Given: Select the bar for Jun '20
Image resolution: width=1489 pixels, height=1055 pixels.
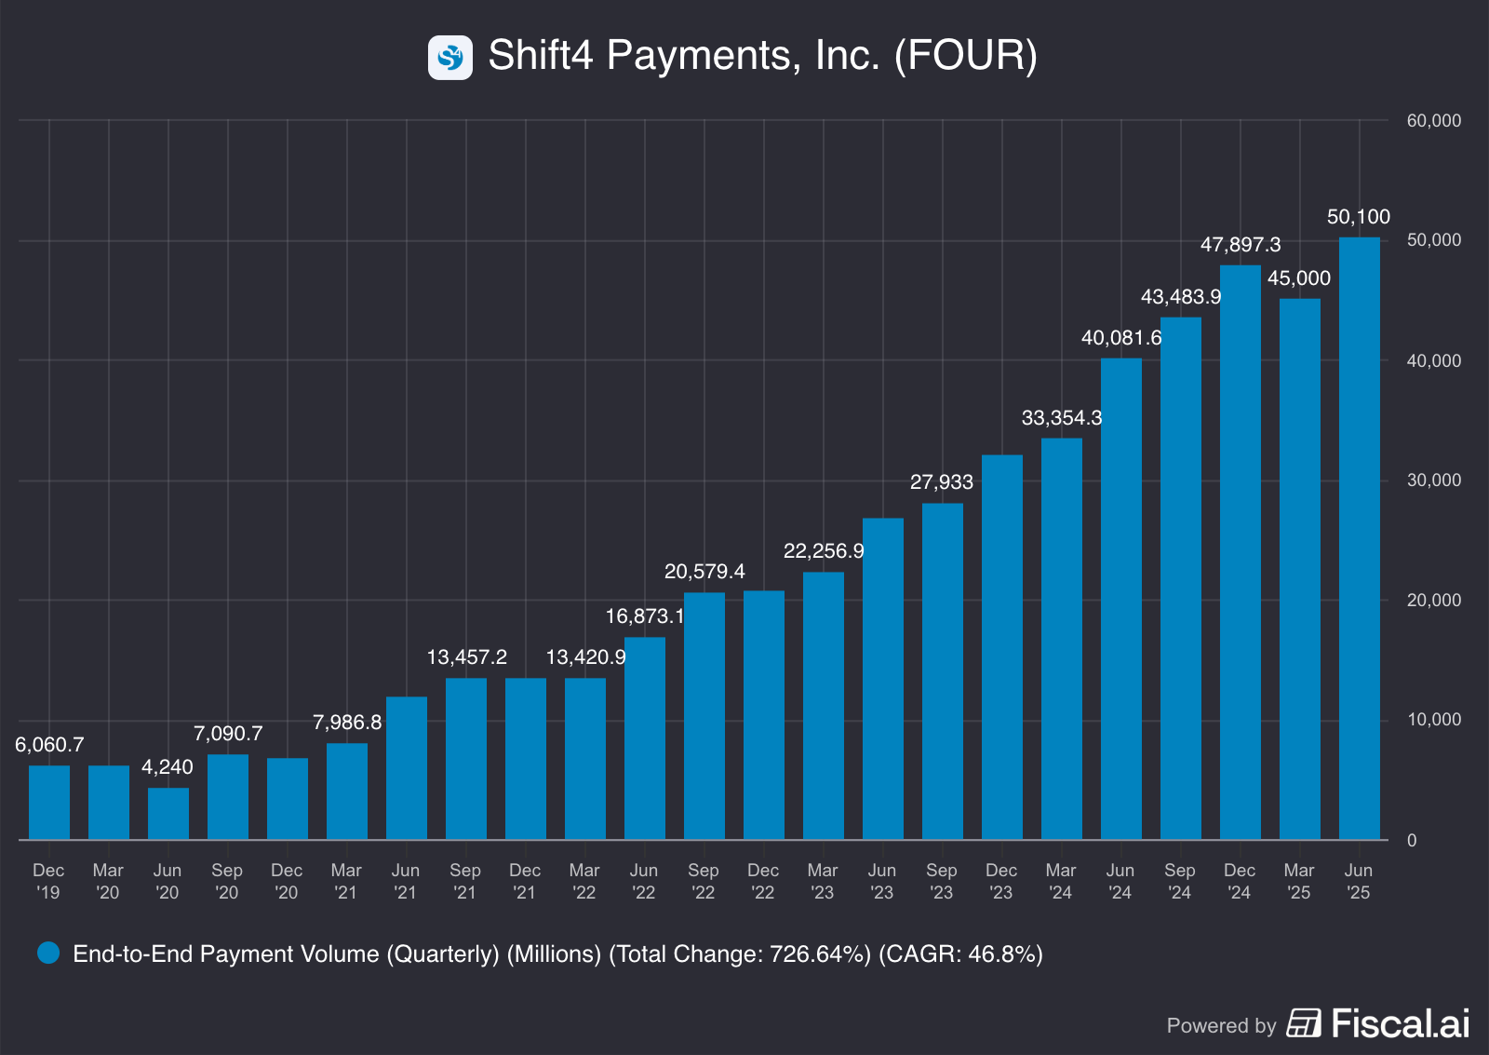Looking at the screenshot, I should [x=168, y=814].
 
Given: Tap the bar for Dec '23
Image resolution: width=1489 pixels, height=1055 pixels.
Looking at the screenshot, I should [x=1001, y=647].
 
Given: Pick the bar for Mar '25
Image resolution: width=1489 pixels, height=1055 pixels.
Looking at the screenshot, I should [x=1299, y=569].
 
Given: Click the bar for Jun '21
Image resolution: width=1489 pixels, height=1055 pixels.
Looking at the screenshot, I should [x=407, y=768].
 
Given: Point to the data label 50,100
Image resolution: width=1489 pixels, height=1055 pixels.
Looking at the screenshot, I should [x=1358, y=217].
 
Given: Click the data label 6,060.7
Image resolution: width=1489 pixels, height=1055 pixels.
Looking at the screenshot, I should [x=49, y=745].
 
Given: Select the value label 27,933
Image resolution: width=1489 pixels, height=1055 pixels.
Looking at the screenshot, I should [x=941, y=482].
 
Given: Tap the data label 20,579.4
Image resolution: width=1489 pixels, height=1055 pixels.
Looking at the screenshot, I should [x=704, y=572].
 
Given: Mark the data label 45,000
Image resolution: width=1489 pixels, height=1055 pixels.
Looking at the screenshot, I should [x=1299, y=278].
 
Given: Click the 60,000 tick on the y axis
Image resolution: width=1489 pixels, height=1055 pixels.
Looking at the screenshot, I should [x=1433, y=121].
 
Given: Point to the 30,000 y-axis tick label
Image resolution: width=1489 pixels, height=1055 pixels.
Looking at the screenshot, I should [x=1433, y=480].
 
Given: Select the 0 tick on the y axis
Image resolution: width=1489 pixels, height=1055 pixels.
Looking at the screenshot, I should [x=1412, y=841].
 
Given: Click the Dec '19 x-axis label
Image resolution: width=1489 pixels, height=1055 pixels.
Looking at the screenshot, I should [x=48, y=881].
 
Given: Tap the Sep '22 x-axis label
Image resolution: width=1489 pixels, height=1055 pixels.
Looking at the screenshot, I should [x=704, y=881].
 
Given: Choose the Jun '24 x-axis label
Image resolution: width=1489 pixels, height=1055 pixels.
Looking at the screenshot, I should [x=1120, y=881].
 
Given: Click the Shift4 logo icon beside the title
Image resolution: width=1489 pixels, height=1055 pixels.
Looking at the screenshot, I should [x=450, y=58].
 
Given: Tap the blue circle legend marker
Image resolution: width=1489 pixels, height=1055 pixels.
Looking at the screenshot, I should [x=48, y=953].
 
